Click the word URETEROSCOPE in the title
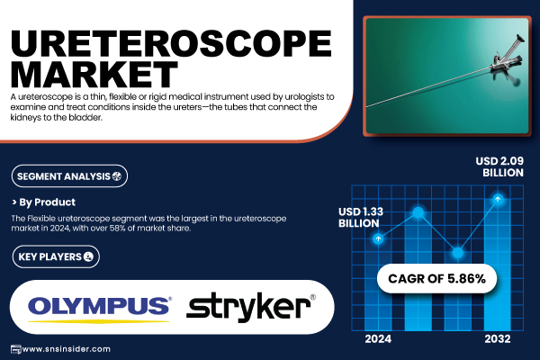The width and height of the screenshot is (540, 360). point(171,44)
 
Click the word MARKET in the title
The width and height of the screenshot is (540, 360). point(94,75)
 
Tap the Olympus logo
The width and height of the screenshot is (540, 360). point(99,309)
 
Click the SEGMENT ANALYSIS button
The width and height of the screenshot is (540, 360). point(69,176)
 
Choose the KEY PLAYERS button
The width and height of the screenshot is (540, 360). point(56,256)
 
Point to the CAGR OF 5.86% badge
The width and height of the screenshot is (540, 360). point(436,278)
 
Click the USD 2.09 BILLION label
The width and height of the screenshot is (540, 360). point(499,166)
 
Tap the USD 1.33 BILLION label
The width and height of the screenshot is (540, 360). point(361,218)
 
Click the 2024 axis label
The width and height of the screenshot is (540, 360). point(378,339)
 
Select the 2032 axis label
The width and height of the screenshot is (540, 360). point(498,339)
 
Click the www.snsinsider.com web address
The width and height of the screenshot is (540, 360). point(66,349)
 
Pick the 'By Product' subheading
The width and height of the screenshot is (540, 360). point(44,202)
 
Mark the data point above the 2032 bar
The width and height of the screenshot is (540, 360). point(498,199)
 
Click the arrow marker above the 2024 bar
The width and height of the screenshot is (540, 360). point(378,238)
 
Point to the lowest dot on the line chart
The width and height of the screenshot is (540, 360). point(458,253)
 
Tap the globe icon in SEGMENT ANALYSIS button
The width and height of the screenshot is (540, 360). point(117,176)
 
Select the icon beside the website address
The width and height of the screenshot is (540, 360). point(16,349)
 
